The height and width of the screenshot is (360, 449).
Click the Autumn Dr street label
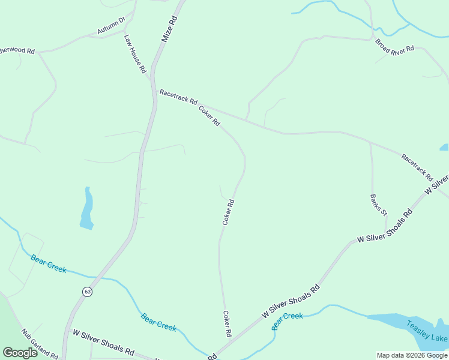[x=111, y=25]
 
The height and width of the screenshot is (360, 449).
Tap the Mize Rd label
[x=170, y=28]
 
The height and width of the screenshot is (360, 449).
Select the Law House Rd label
[x=135, y=53]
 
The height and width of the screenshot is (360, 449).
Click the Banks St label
[x=378, y=204]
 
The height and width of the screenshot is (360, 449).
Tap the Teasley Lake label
[x=427, y=331]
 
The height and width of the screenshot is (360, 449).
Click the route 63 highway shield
[x=88, y=292]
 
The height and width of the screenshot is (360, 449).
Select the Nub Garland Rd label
[x=39, y=344]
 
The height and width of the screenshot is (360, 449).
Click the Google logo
[x=20, y=353]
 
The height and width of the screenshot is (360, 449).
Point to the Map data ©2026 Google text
[x=412, y=355]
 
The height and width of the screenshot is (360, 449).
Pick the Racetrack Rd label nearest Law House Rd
[x=178, y=97]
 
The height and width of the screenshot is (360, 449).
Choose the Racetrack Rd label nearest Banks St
[x=417, y=167]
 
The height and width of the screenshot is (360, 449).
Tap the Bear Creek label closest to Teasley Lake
[x=287, y=320]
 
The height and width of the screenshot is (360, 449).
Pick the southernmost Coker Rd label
[x=227, y=324]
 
